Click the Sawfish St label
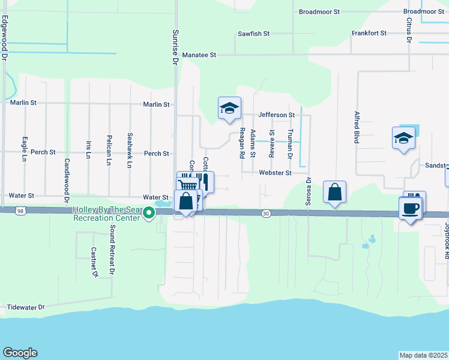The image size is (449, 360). (x=254, y=34)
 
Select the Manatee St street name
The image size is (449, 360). (x=199, y=55)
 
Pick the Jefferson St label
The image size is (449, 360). (x=276, y=115)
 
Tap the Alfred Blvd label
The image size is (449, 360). (x=357, y=127)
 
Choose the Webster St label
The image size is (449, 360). (x=275, y=173)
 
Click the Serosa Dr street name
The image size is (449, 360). (x=309, y=191)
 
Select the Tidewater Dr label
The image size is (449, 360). (x=25, y=307)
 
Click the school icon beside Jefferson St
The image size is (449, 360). (x=229, y=109)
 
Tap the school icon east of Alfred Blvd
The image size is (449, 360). (x=403, y=139)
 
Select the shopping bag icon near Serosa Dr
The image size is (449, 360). (x=334, y=193)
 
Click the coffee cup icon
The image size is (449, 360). (x=410, y=209)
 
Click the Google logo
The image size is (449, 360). (x=20, y=353)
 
